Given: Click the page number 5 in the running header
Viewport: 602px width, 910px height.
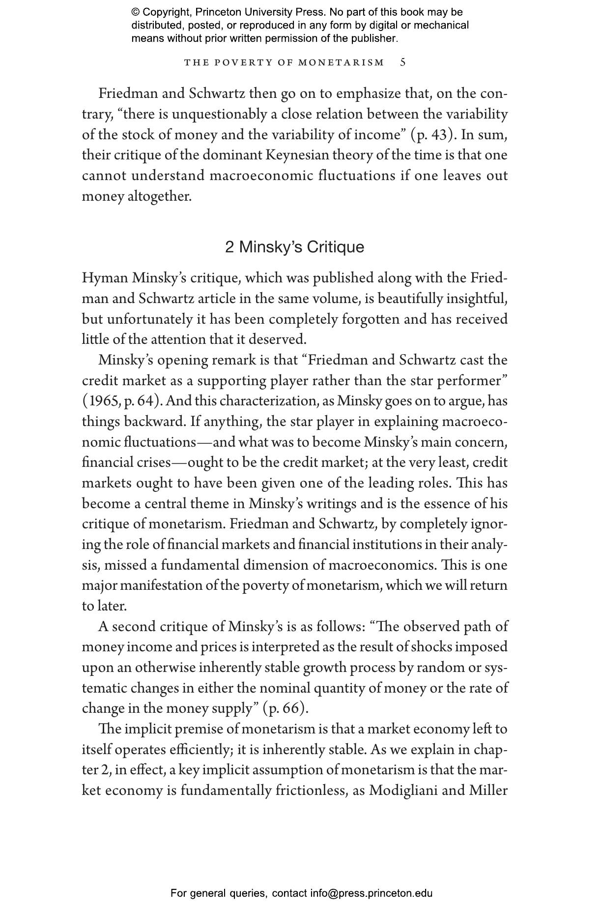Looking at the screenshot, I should click(403, 62).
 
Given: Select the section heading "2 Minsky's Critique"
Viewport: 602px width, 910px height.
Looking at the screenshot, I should click(294, 247).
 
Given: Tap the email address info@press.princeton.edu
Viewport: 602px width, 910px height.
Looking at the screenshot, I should click(371, 893).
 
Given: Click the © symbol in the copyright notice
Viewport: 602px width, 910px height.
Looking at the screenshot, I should click(136, 12).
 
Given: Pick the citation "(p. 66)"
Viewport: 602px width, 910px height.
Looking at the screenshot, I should click(286, 708).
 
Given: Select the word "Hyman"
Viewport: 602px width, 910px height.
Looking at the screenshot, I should click(105, 278).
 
